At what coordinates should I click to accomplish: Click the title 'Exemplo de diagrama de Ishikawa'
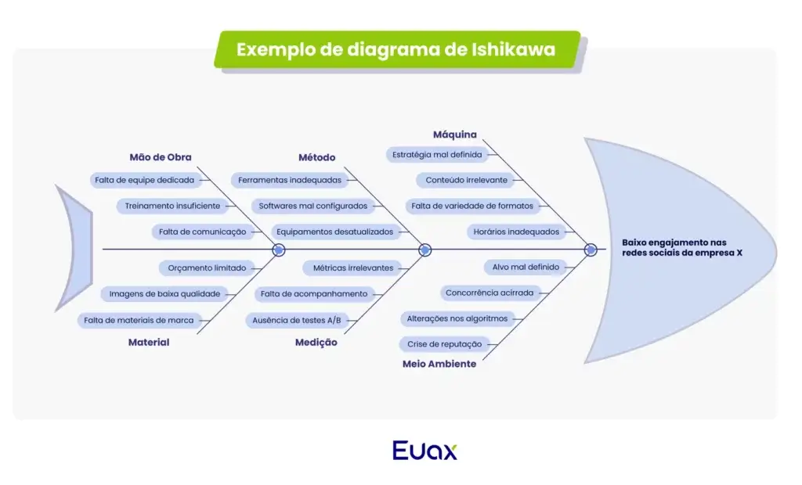[x=396, y=49]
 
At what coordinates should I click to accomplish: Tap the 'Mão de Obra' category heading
[x=160, y=156]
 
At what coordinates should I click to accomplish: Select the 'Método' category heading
[x=316, y=157]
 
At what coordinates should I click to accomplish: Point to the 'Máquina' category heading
[x=454, y=135]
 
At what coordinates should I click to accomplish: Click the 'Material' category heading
[x=149, y=342]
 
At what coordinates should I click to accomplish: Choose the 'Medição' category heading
[x=316, y=342]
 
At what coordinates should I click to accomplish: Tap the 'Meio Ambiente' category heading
[x=439, y=364]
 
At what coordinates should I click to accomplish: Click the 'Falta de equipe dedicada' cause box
[x=144, y=180]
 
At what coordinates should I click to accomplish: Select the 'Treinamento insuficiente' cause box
[x=173, y=207]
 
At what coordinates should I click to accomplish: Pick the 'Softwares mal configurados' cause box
[x=312, y=207]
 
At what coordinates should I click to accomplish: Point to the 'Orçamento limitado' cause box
[x=207, y=268]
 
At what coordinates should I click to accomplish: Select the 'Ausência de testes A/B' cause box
[x=296, y=320]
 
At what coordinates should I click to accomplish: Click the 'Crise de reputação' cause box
[x=444, y=344]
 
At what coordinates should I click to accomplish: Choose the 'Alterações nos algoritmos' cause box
[x=457, y=318]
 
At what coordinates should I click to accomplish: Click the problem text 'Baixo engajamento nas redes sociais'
[x=681, y=247]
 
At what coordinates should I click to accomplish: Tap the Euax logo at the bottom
[x=424, y=451]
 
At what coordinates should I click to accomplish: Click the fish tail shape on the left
[x=72, y=249]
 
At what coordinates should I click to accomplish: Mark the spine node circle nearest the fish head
[x=591, y=250]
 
